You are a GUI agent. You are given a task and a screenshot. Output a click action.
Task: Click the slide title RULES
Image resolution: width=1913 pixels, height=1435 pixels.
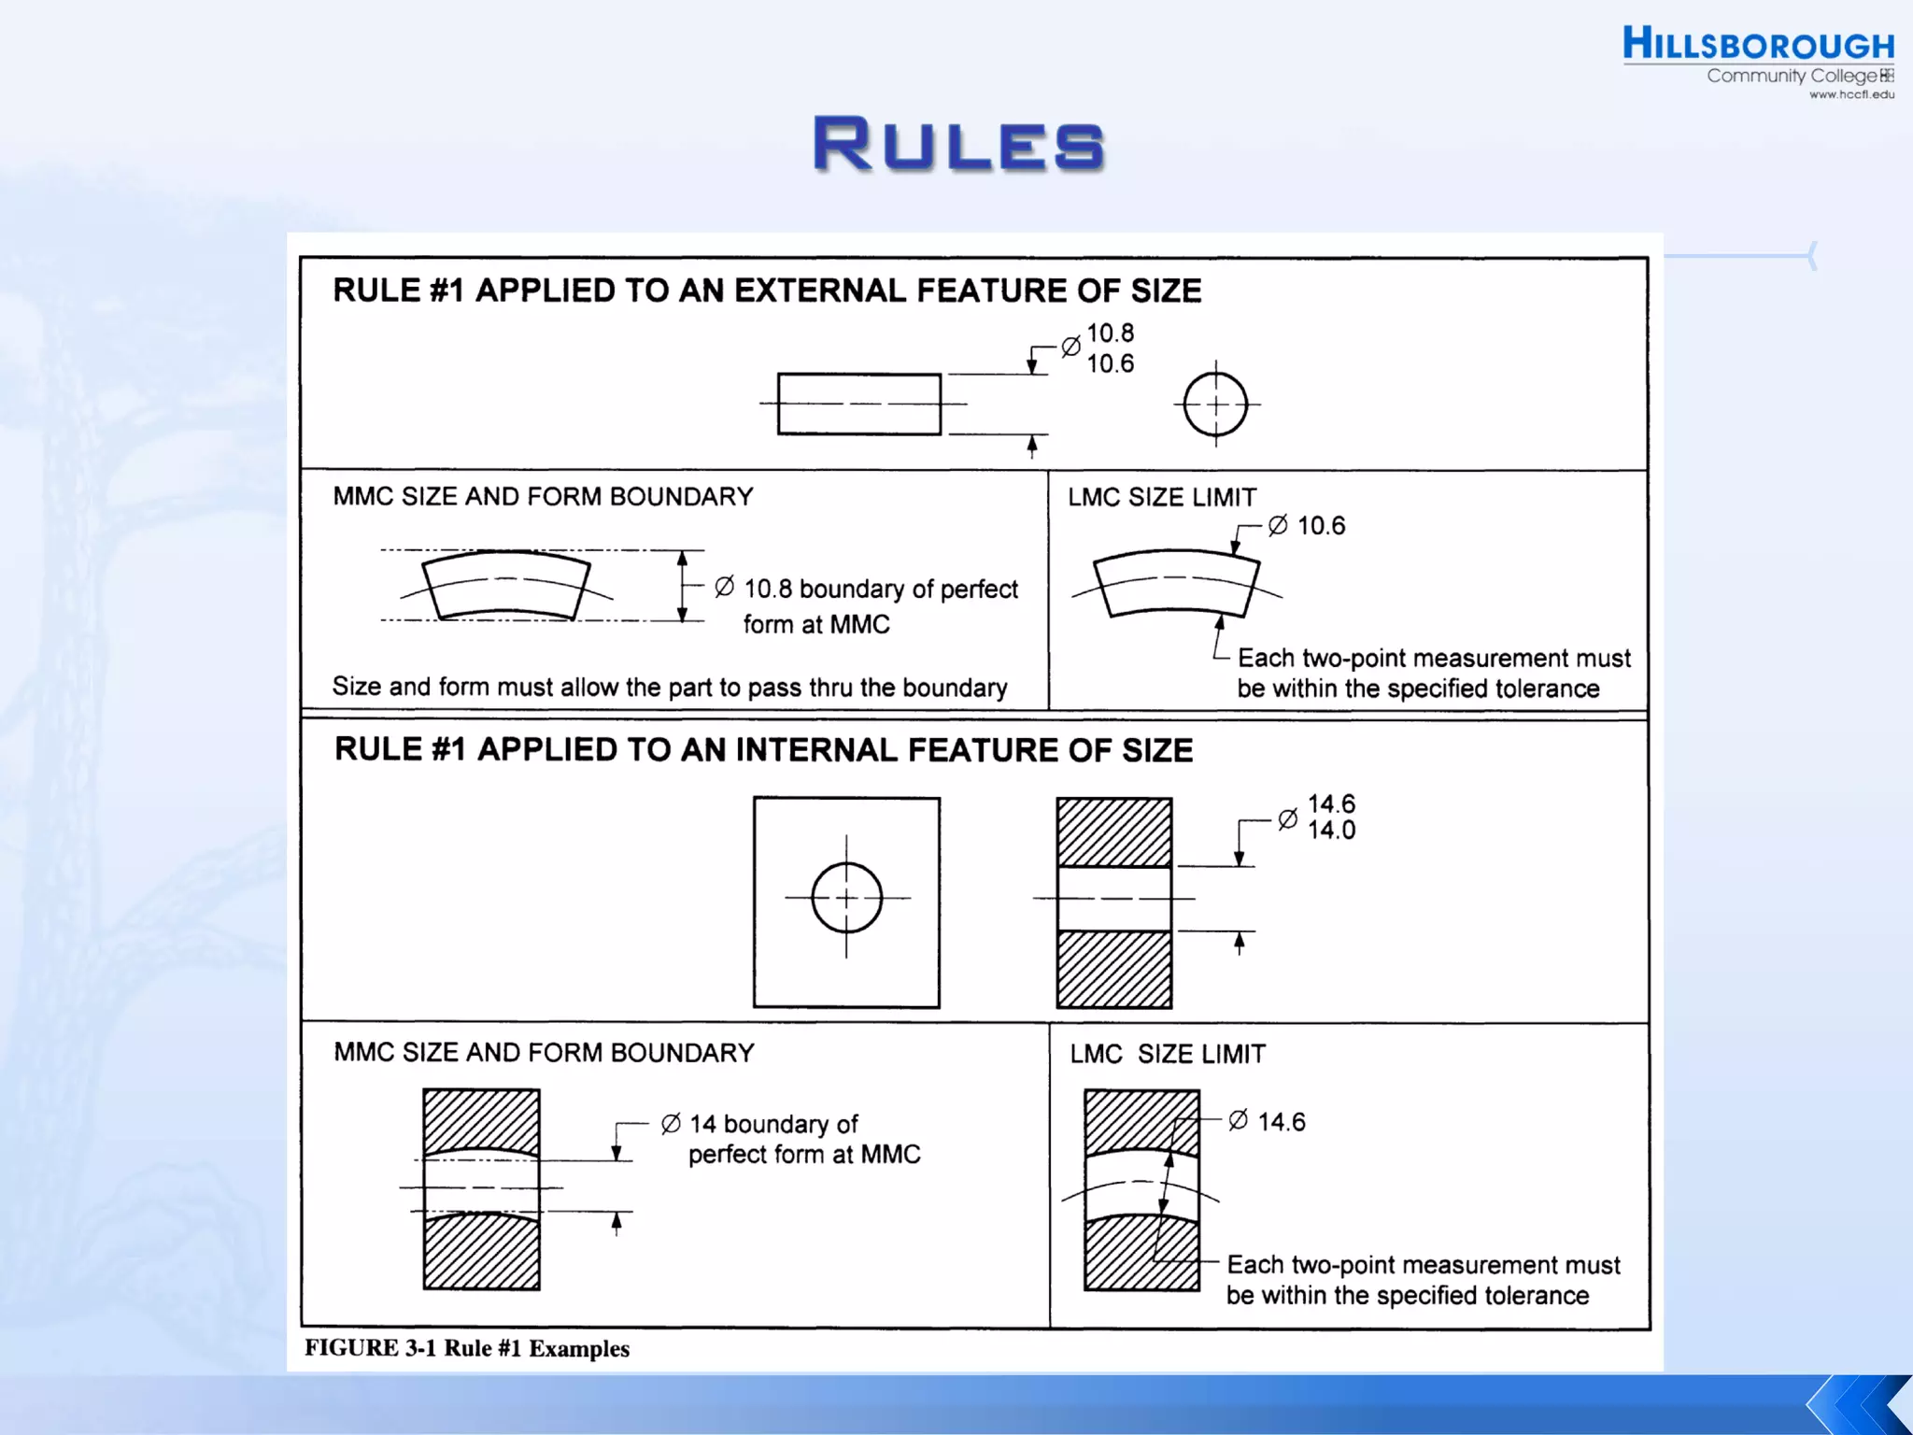(958, 145)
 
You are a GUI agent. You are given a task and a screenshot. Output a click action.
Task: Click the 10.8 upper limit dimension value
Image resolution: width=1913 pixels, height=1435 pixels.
(1110, 334)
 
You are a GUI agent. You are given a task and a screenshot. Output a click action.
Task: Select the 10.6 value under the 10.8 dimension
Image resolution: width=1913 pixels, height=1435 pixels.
(1110, 364)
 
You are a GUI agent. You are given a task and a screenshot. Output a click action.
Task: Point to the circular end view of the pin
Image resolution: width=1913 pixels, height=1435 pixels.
(1215, 405)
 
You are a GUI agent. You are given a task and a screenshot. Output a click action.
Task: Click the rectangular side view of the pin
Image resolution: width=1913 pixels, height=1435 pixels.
(858, 404)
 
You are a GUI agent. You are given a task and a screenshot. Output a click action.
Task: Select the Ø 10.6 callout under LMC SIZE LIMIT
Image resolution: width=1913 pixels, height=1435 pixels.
(1307, 526)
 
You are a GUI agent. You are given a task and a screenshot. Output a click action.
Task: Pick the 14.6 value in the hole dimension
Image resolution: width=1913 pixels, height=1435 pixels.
(1331, 803)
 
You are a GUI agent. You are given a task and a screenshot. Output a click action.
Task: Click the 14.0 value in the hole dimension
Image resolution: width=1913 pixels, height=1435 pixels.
(1331, 831)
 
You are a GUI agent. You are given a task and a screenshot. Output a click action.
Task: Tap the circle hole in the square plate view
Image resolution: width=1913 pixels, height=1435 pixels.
(846, 898)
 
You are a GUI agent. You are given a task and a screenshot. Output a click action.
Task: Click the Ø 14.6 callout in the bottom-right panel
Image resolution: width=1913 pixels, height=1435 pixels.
(1268, 1121)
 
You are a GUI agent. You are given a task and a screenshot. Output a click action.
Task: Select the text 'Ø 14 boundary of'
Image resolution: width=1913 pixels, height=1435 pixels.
(759, 1124)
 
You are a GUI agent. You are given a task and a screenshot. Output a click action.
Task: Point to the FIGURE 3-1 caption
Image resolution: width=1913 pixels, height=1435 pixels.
(467, 1348)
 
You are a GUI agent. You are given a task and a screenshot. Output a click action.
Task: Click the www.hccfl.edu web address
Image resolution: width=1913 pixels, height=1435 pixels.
(1851, 94)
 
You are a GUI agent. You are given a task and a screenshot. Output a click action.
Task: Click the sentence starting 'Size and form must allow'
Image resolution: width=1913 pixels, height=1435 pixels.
(670, 688)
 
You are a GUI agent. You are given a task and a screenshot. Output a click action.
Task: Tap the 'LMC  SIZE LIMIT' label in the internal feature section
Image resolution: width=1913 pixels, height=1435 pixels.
(1168, 1054)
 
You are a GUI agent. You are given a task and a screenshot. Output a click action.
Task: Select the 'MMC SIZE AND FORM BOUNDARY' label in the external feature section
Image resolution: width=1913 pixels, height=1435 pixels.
(543, 496)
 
